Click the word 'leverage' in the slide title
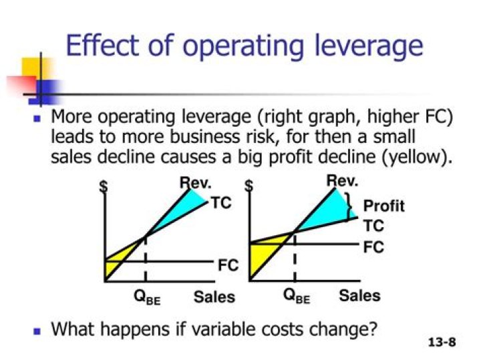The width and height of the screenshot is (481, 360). (x=361, y=46)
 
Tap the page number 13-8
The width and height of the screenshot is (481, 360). (x=442, y=343)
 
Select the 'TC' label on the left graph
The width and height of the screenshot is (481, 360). (x=221, y=202)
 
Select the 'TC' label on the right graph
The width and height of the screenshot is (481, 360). (x=373, y=226)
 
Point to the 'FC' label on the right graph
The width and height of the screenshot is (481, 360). (x=373, y=246)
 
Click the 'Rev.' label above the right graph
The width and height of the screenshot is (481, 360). (x=342, y=180)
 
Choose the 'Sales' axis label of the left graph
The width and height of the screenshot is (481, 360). (x=214, y=297)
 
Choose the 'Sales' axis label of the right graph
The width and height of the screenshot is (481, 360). (x=359, y=295)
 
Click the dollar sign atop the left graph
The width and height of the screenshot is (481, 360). (x=104, y=187)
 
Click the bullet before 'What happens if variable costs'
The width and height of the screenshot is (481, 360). (x=37, y=330)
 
